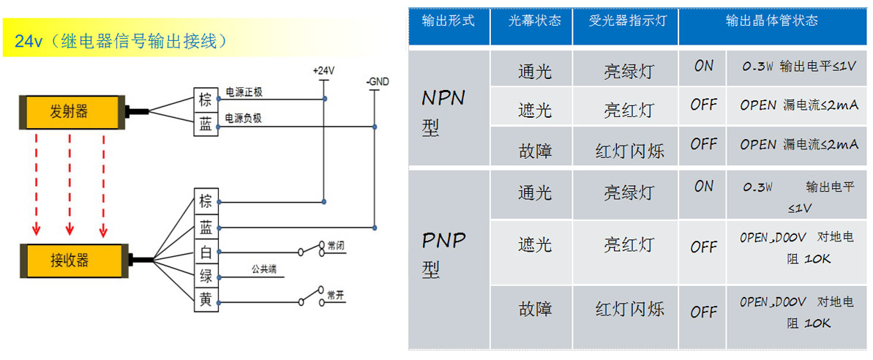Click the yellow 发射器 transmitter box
[69, 112]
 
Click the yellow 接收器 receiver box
[69, 259]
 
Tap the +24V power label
[323, 71]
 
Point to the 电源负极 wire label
[244, 118]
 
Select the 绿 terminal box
[206, 276]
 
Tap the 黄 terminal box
[206, 299]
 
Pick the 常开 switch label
[336, 295]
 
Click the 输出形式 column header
[448, 21]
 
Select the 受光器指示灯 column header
[627, 21]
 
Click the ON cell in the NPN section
[703, 67]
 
